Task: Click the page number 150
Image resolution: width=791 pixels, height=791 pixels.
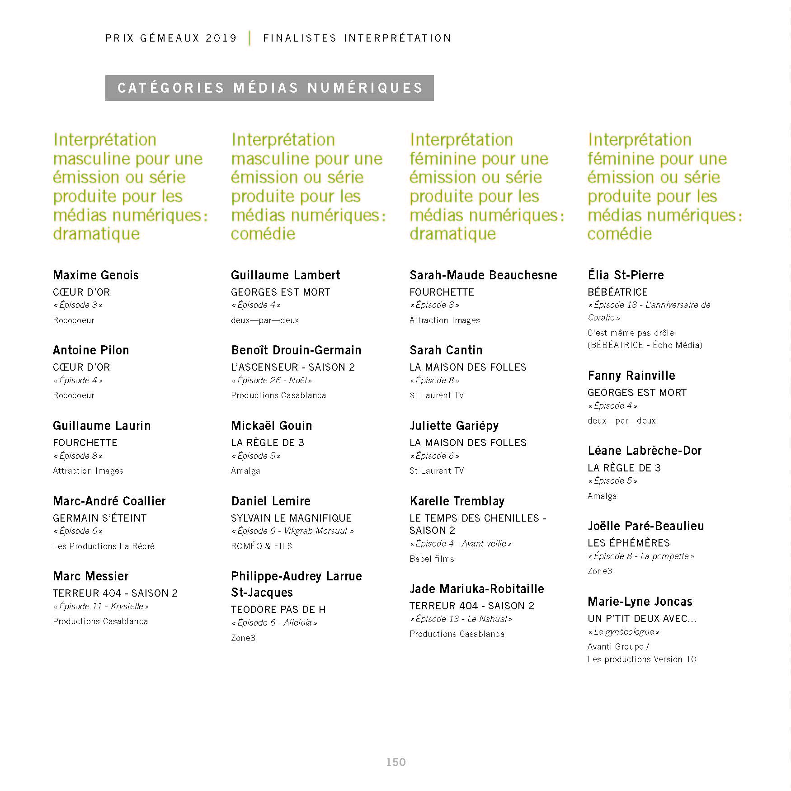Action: click(x=395, y=762)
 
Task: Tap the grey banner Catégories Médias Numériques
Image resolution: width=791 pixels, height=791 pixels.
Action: click(x=269, y=88)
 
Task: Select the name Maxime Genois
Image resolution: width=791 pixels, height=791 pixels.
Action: click(x=96, y=275)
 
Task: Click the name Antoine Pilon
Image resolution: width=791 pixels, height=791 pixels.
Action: click(x=91, y=350)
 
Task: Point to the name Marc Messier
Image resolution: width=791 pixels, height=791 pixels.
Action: click(x=91, y=576)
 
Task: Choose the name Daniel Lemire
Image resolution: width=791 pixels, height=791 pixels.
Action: click(x=271, y=501)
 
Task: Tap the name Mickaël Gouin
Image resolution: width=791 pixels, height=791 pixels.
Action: click(x=271, y=426)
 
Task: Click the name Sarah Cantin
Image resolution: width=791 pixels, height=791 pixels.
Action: click(x=446, y=350)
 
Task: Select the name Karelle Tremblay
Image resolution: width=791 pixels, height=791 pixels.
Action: click(x=457, y=501)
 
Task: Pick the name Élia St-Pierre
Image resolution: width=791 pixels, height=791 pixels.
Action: click(x=626, y=275)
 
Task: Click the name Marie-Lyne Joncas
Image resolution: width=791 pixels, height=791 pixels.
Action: click(x=640, y=602)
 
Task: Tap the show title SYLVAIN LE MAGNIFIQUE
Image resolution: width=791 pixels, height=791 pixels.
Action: click(x=291, y=518)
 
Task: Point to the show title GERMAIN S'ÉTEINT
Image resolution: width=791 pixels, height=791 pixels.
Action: click(x=100, y=518)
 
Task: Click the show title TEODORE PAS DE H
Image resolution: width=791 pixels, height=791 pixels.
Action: click(x=278, y=610)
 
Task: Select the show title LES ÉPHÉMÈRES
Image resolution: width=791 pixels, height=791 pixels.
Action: click(x=628, y=543)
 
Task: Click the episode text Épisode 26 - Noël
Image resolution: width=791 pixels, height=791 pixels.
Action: click(x=272, y=381)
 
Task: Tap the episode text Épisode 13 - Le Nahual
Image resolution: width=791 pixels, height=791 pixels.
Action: click(x=461, y=619)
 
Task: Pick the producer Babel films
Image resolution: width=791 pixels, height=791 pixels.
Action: click(x=432, y=559)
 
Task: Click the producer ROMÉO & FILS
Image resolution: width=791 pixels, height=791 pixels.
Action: click(x=261, y=546)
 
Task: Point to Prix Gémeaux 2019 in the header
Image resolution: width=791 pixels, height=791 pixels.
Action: click(x=171, y=38)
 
